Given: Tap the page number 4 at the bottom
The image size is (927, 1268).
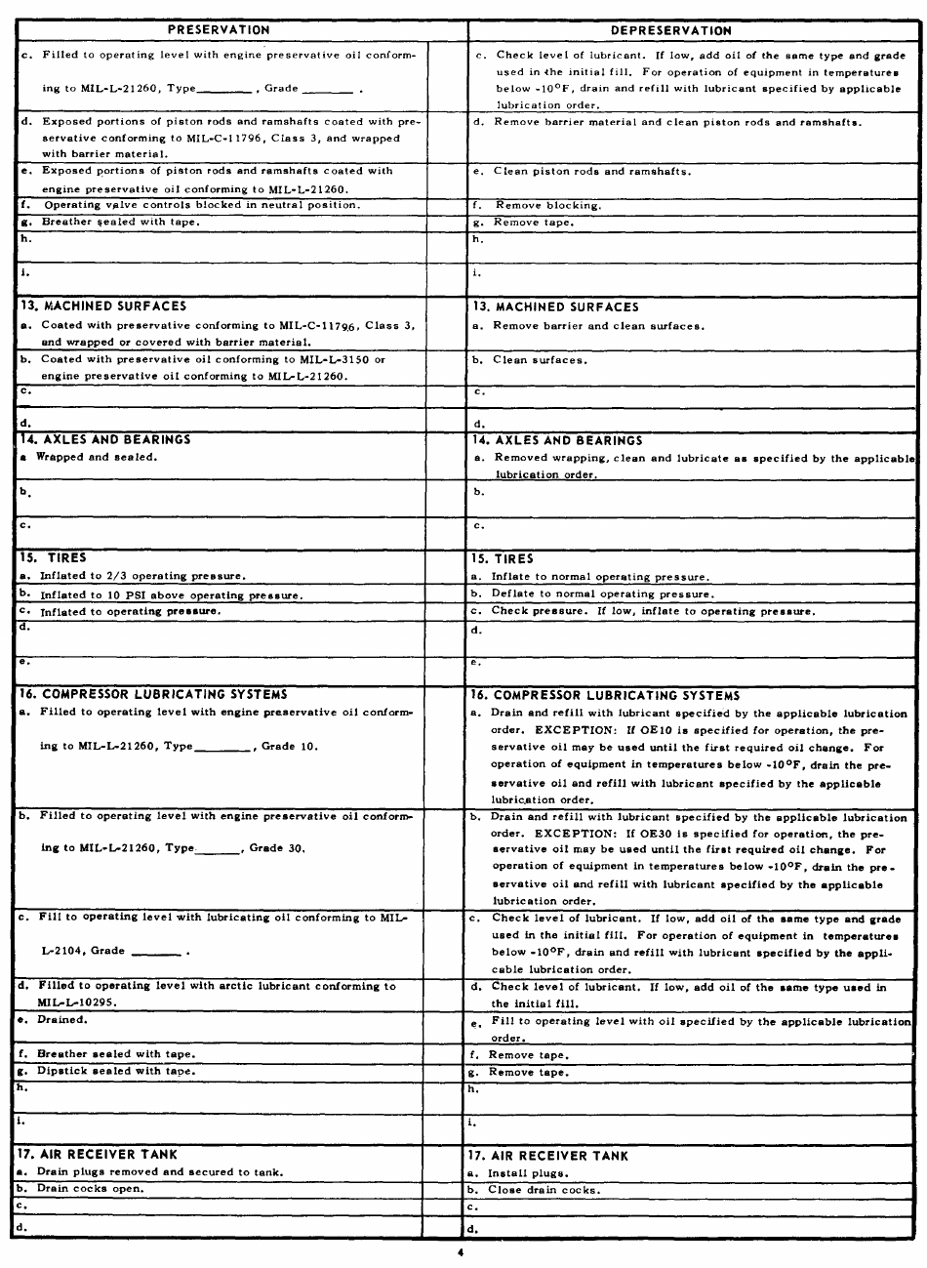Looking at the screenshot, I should [460, 1253].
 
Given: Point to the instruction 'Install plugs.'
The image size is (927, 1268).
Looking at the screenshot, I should [528, 1172].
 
